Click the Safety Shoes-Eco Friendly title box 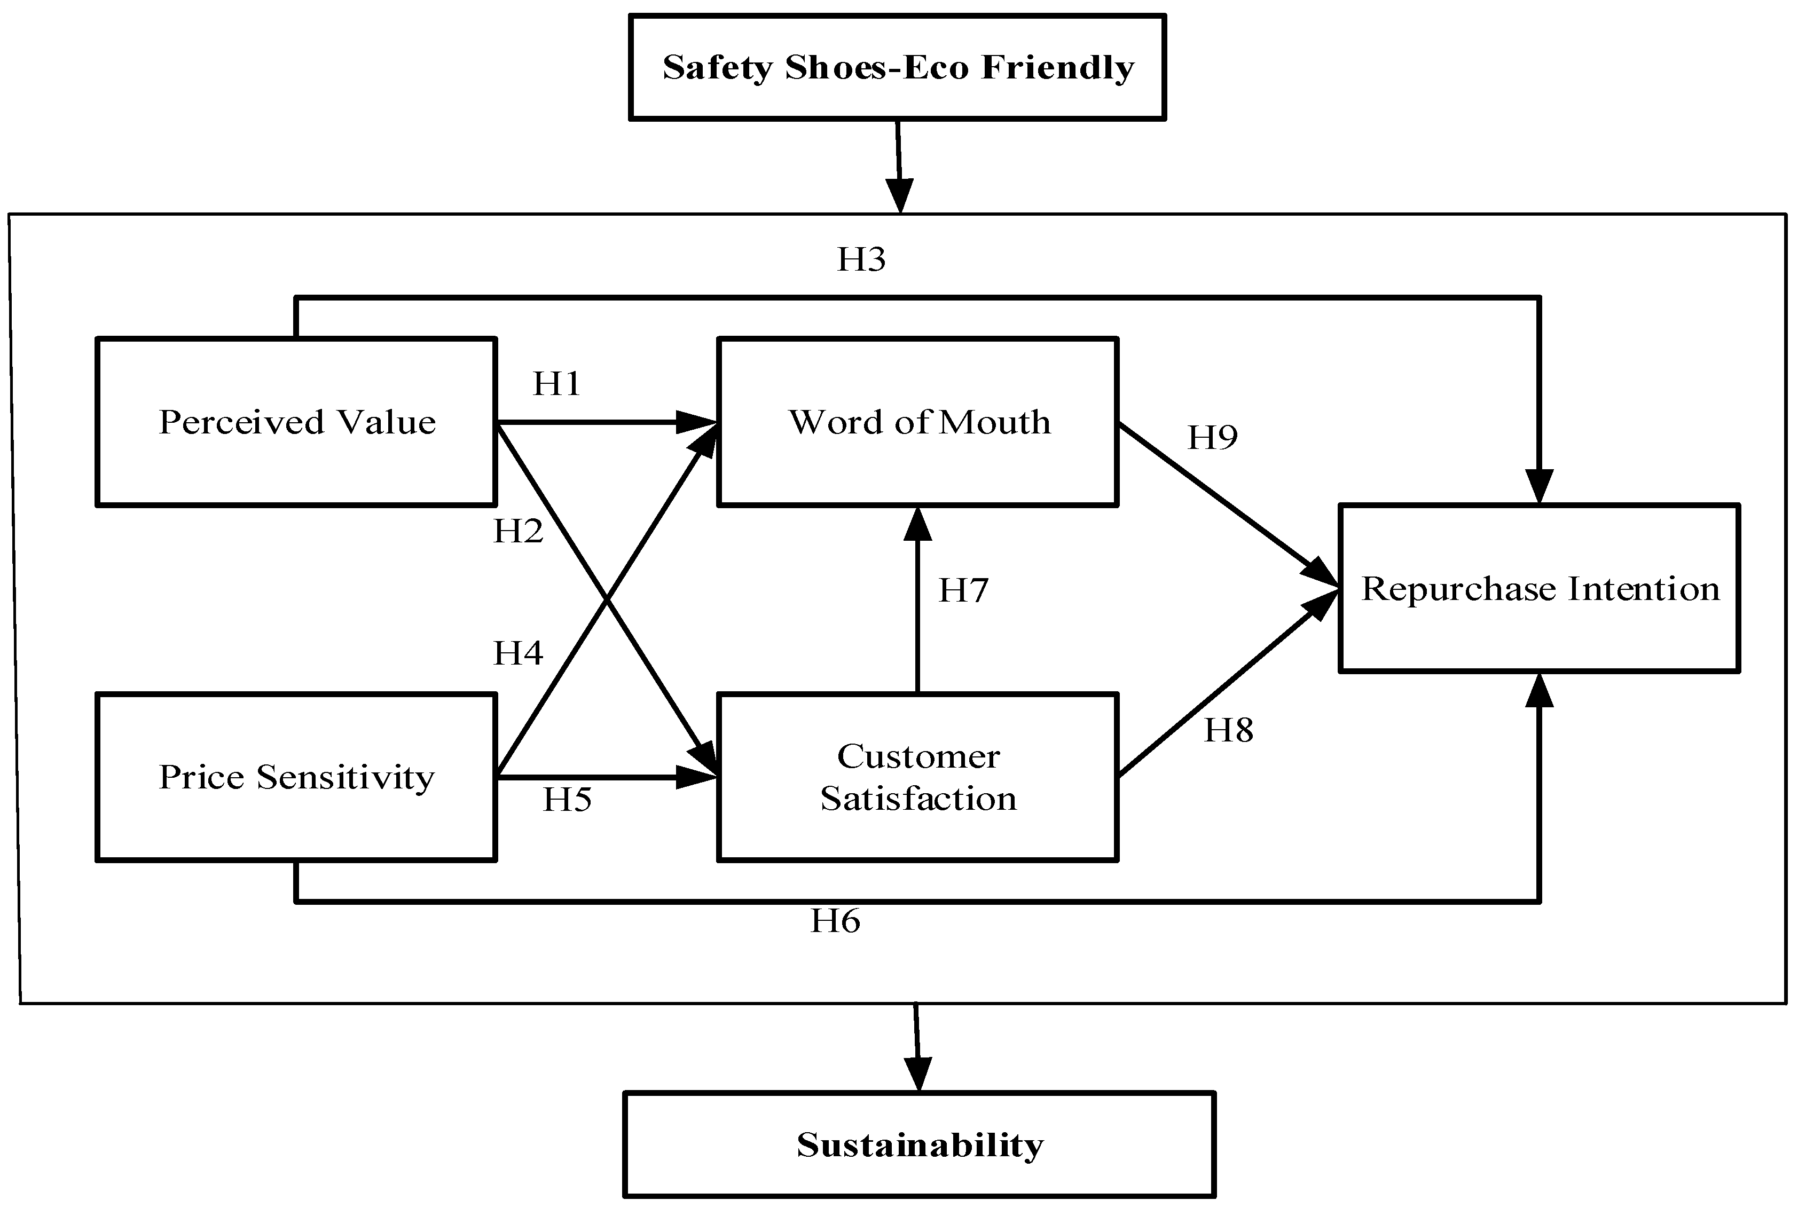pyautogui.click(x=897, y=67)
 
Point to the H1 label pyautogui.click(x=556, y=383)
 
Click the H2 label pyautogui.click(x=518, y=531)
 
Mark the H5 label pyautogui.click(x=567, y=800)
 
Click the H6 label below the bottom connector pyautogui.click(x=835, y=921)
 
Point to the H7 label pyautogui.click(x=963, y=591)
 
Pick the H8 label pyautogui.click(x=1228, y=730)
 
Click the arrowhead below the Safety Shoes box pyautogui.click(x=899, y=195)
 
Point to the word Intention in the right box pyautogui.click(x=1643, y=589)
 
